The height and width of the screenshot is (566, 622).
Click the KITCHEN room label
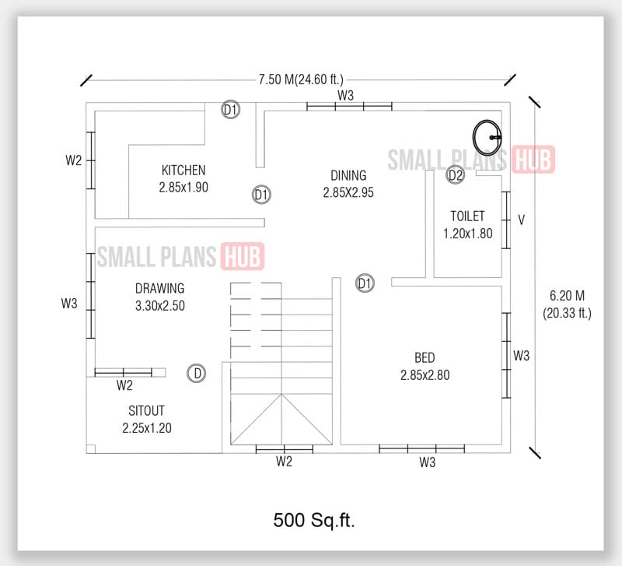[x=183, y=171]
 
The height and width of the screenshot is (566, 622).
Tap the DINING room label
[x=348, y=176]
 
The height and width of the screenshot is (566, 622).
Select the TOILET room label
[x=467, y=216]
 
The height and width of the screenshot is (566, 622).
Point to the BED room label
[x=425, y=357]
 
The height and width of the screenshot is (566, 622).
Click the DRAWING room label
[x=159, y=289]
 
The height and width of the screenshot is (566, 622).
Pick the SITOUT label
[x=146, y=410]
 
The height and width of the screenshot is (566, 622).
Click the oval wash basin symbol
[x=487, y=134]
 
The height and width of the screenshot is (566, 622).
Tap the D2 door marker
[x=456, y=176]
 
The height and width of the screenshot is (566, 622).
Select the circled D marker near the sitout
[x=197, y=374]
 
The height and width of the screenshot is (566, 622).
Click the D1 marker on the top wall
[x=231, y=111]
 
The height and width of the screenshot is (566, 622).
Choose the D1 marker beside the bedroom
[x=365, y=283]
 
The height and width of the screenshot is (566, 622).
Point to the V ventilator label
[x=522, y=220]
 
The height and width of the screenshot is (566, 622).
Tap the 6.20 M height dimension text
[x=567, y=297]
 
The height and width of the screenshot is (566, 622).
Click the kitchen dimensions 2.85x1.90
[x=183, y=188]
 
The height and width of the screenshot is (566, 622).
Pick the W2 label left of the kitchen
[x=73, y=160]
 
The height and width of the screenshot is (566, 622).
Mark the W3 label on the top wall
[x=346, y=95]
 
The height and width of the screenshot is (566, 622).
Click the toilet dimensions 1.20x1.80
[x=467, y=233]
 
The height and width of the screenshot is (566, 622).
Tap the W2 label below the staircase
[x=284, y=462]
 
